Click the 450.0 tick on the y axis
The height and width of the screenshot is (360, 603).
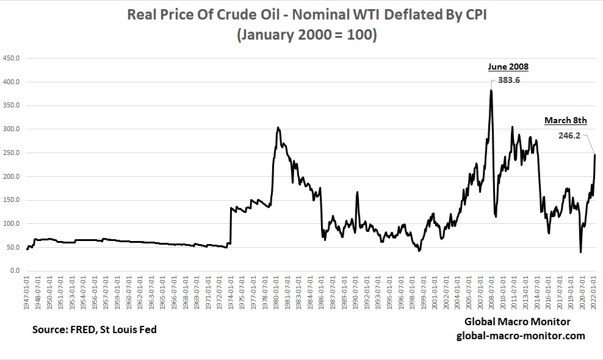tap(12, 59)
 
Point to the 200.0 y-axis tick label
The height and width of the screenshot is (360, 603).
tap(12, 177)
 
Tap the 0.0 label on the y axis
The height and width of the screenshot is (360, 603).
tap(15, 271)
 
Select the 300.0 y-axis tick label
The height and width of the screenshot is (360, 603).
tap(12, 129)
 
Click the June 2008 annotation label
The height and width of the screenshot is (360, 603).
tap(508, 67)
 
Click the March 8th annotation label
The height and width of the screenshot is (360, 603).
tap(565, 120)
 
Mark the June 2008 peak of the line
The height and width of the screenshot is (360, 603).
tap(491, 90)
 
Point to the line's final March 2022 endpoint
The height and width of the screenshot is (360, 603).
tap(594, 155)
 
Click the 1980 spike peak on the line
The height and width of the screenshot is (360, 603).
tap(278, 128)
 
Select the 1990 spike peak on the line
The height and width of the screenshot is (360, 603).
tap(357, 192)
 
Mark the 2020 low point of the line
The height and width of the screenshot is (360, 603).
tap(580, 252)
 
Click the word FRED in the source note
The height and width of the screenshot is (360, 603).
tap(82, 329)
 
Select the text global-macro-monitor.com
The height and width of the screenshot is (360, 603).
tap(521, 336)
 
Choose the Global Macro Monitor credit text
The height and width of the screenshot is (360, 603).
tap(518, 322)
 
